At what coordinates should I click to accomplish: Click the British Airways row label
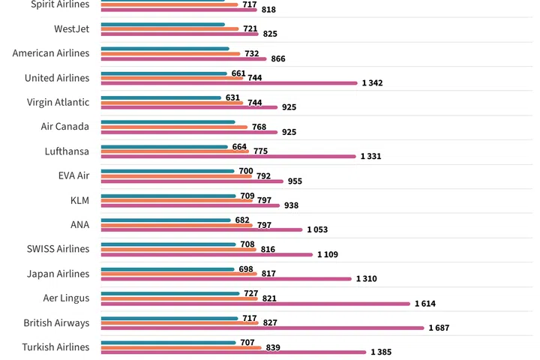click(x=57, y=323)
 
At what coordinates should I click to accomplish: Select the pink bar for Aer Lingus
click(x=255, y=304)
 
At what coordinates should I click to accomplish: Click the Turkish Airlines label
click(x=55, y=347)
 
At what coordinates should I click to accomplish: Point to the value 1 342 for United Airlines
click(x=372, y=83)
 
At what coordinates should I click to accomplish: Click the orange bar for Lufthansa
click(x=175, y=151)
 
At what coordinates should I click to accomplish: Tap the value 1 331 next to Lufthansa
click(x=371, y=157)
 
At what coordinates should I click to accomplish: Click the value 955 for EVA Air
click(x=294, y=181)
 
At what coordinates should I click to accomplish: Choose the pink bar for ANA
click(x=201, y=229)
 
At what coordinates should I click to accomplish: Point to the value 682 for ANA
click(x=242, y=220)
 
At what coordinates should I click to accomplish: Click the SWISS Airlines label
click(x=57, y=249)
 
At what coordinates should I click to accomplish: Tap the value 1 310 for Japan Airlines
click(x=367, y=279)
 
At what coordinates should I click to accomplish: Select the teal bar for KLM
click(x=166, y=196)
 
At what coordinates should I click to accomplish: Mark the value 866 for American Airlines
click(x=277, y=58)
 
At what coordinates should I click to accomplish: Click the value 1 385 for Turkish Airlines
click(x=381, y=352)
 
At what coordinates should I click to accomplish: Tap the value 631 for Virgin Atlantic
click(x=232, y=97)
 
